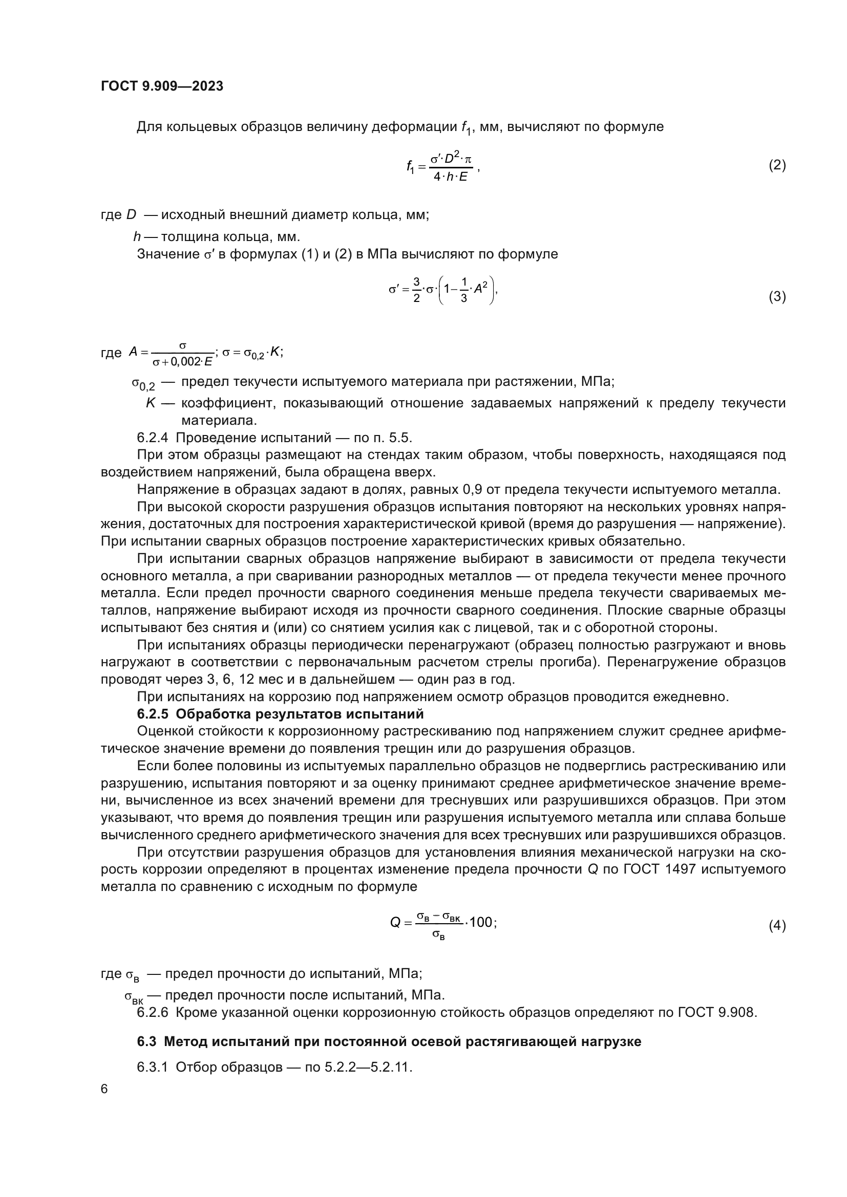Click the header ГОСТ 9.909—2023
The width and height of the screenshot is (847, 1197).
tap(162, 86)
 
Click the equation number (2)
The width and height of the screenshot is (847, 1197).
tap(777, 165)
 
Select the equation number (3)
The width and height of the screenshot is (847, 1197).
tap(777, 297)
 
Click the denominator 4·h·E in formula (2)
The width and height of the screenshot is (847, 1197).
tap(450, 177)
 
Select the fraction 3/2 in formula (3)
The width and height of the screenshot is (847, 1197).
tap(416, 290)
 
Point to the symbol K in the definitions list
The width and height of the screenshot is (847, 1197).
tap(151, 403)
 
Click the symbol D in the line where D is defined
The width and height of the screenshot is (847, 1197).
tap(131, 215)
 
